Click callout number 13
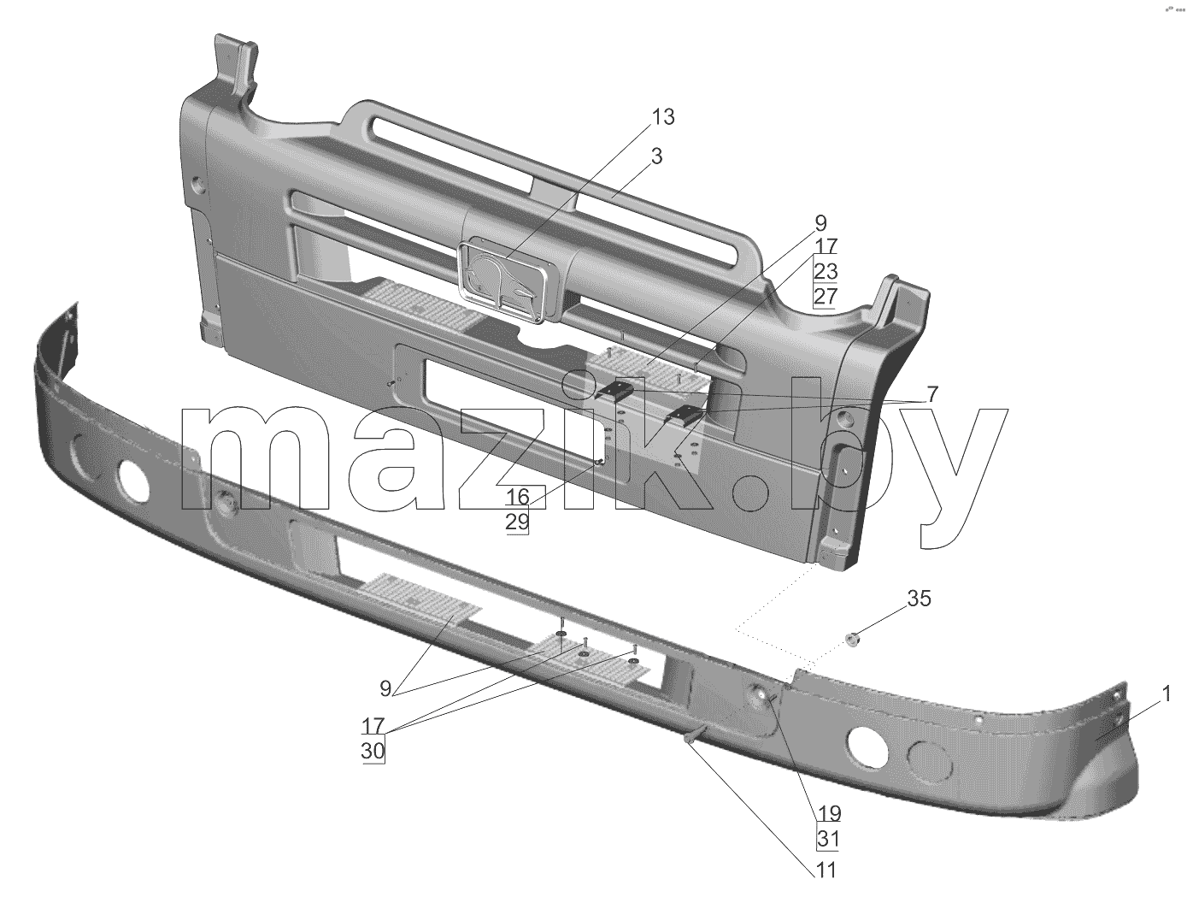(x=663, y=117)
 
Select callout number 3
(x=656, y=156)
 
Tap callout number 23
(x=826, y=272)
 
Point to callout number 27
(x=826, y=297)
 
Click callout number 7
(x=931, y=394)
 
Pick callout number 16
(x=518, y=497)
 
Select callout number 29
(x=518, y=522)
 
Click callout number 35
(x=919, y=599)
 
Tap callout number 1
(x=1166, y=694)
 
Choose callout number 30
(x=373, y=752)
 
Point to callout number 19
(x=829, y=813)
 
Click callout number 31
(x=829, y=839)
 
